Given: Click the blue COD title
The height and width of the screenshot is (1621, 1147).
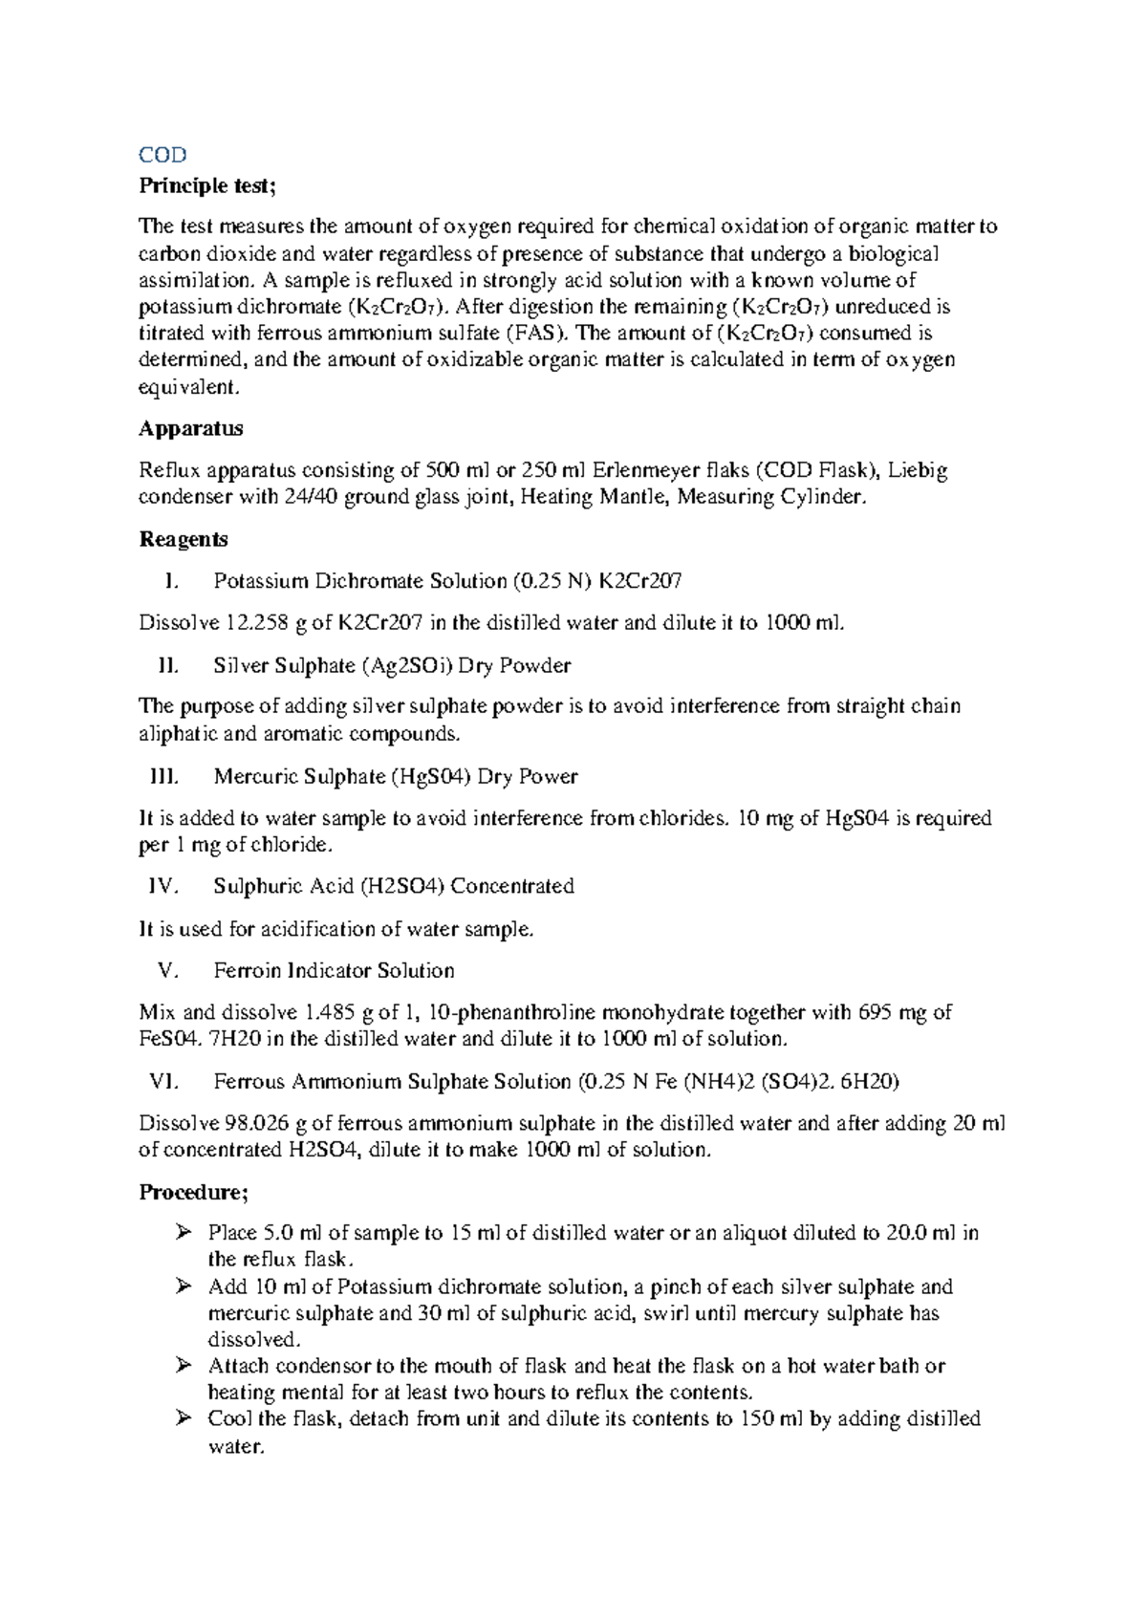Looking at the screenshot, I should coord(162,155).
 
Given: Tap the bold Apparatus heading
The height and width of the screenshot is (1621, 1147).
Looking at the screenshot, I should coord(191,429).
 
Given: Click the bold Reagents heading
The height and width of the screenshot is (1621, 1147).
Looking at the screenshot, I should coord(184,540).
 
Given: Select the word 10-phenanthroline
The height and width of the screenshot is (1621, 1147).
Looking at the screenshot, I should coord(513,1013).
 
